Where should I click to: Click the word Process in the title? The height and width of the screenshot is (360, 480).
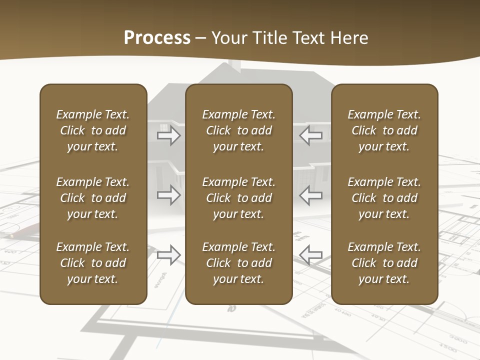coord(157,37)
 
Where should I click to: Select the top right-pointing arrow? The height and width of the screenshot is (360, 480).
coord(168,135)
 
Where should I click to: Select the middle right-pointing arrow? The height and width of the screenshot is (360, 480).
coord(168,195)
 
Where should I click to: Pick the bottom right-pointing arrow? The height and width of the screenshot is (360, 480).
coord(168,255)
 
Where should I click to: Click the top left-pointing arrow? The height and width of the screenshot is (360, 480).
coord(311,135)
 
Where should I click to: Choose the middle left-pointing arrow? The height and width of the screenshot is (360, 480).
coord(311,195)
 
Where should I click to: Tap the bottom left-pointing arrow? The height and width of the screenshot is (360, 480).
coord(311,255)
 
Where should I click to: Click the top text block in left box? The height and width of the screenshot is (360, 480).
coord(93,130)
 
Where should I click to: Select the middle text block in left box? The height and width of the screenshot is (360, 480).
coord(93,198)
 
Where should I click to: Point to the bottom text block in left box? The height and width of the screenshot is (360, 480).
coord(93,263)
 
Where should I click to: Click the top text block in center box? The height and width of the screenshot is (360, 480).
coord(238,130)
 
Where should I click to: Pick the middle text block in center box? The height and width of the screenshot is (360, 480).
coord(238,198)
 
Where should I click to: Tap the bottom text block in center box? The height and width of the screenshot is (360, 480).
coord(238,263)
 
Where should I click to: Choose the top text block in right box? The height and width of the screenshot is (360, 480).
coord(384,130)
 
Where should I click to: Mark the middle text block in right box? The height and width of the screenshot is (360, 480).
coord(384,198)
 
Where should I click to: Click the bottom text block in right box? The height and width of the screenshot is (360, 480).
coord(384,263)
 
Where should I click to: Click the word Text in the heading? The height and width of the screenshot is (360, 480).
coord(307,37)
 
